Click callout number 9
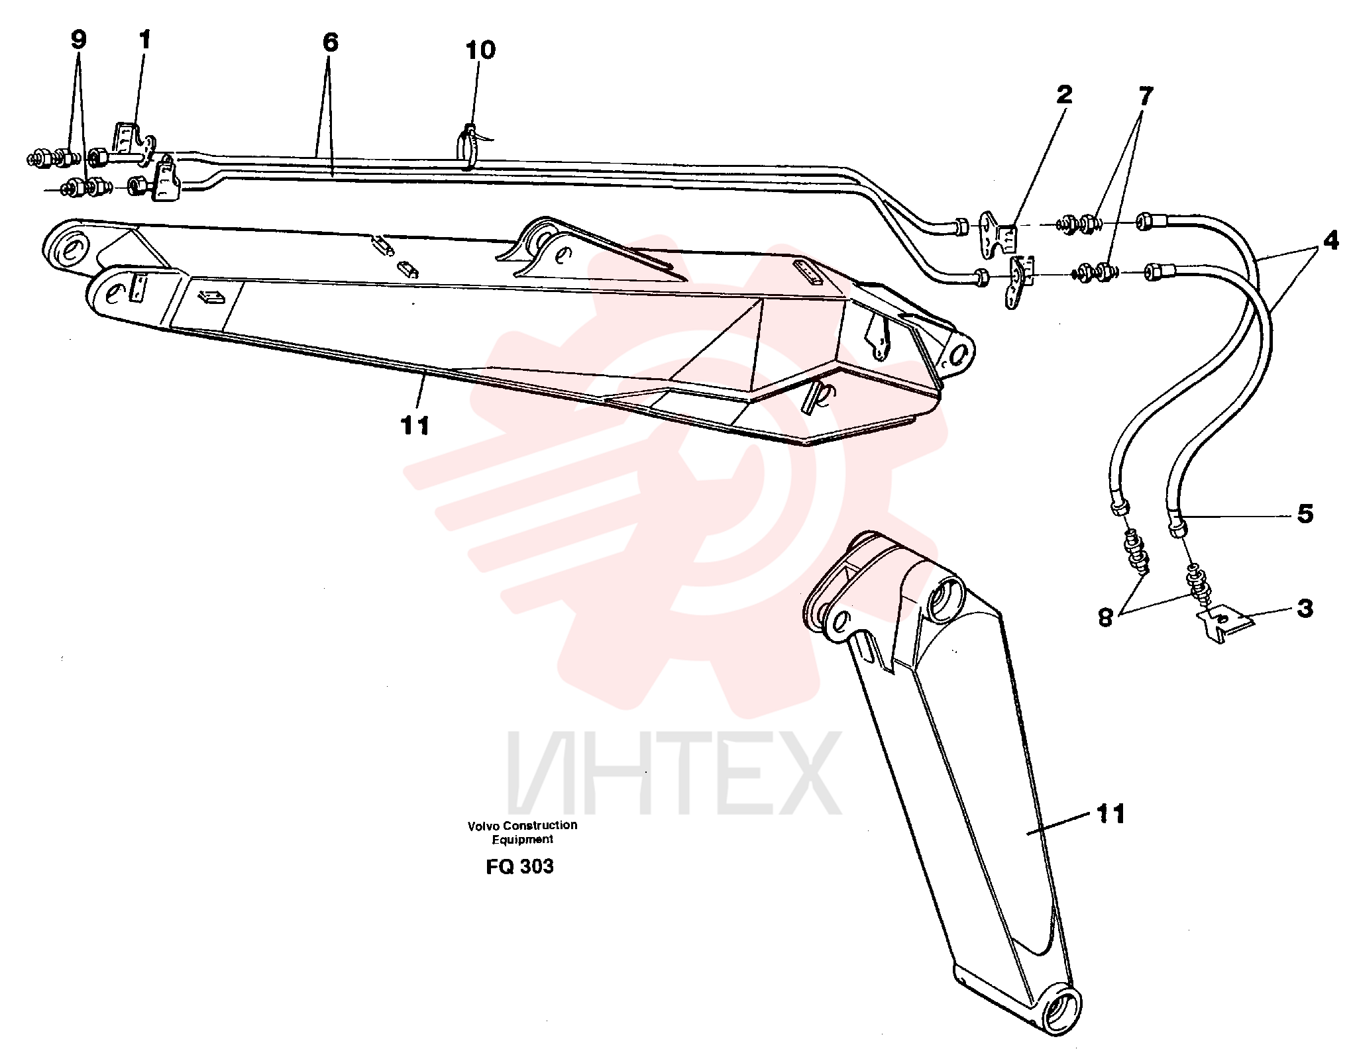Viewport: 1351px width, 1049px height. pos(78,40)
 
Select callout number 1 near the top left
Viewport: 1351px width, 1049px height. pos(144,40)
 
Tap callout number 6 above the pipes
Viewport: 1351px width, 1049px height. pos(330,42)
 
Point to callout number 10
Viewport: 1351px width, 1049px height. pos(480,50)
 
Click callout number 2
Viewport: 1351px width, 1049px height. pos(1064,94)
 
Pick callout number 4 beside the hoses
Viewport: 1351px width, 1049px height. pos(1331,240)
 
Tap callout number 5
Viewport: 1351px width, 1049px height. pos(1305,514)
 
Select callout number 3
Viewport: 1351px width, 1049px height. pos(1305,609)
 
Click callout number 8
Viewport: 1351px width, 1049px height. pos(1105,617)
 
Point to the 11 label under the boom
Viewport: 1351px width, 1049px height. pos(415,425)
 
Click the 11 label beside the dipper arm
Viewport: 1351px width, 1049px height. pos(1111,814)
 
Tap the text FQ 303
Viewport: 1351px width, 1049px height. pos(519,867)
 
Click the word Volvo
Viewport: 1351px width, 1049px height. pos(484,826)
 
